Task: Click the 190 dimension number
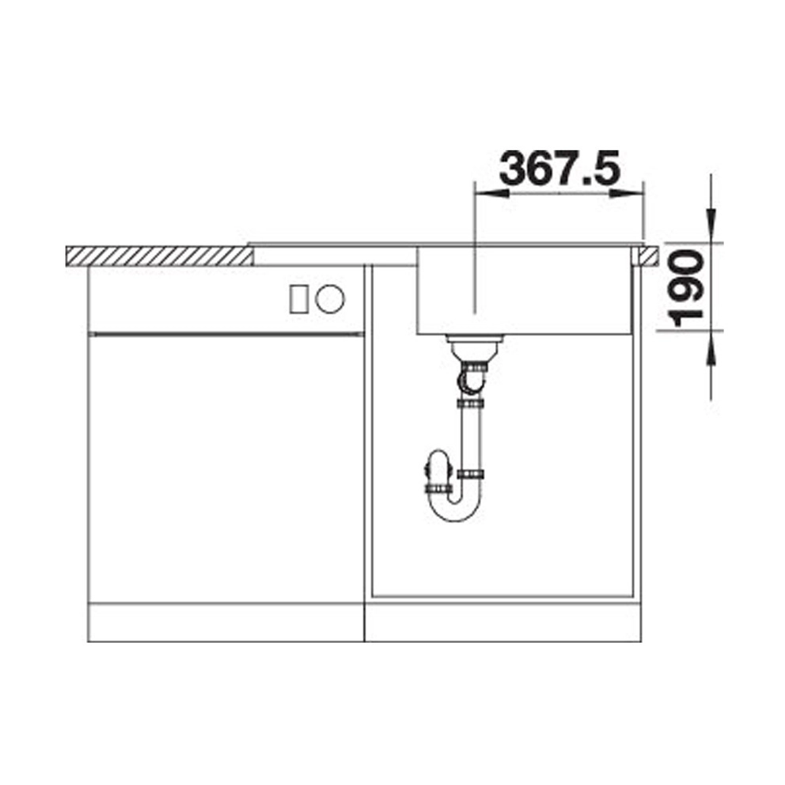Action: [685, 288]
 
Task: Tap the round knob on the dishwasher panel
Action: [330, 299]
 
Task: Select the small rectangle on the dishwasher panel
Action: [299, 299]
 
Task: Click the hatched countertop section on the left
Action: [159, 256]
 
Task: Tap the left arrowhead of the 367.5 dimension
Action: [491, 194]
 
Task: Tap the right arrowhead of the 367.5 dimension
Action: [626, 194]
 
